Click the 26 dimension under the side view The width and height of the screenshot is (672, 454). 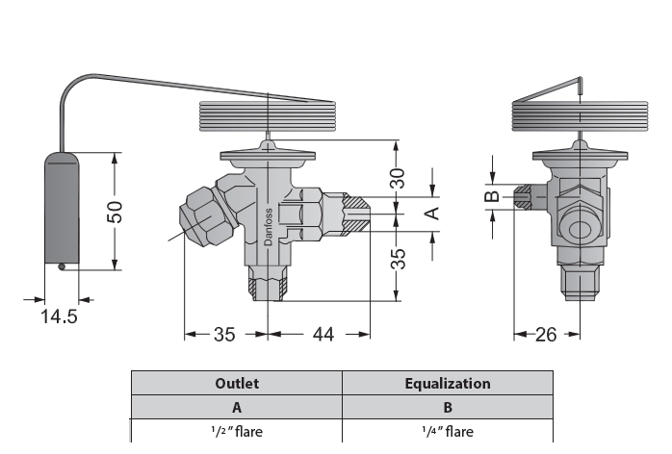pos(546,335)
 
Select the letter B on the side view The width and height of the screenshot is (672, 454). pos(490,197)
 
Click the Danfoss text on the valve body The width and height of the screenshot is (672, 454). pos(268,227)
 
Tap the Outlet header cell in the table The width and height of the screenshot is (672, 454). pos(237,383)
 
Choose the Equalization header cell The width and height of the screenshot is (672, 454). pos(448,383)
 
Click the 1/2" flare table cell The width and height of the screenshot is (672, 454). pos(237,430)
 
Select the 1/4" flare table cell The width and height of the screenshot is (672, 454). pos(448,430)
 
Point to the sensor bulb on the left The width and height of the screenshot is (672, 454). pos(63,207)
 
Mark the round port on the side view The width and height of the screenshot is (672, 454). pos(580,230)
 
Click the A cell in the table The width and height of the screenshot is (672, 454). pos(237,407)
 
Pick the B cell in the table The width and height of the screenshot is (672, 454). pos(448,407)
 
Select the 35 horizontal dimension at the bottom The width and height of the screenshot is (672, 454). pos(224,335)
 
